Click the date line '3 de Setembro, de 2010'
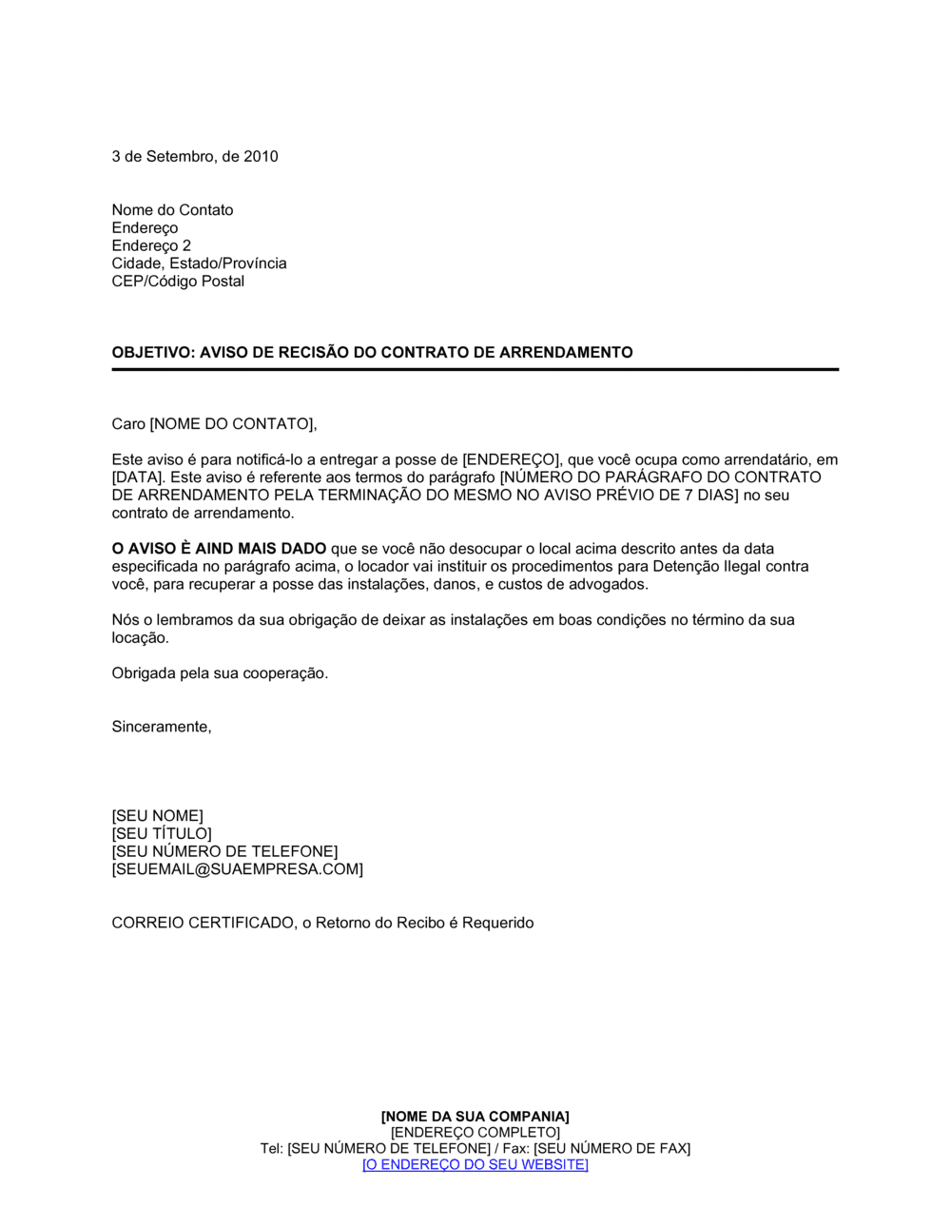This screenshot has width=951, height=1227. click(x=195, y=157)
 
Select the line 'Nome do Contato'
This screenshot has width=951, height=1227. click(x=172, y=210)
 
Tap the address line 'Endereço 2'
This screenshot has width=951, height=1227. click(x=151, y=245)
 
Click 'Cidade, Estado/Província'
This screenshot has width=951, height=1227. click(x=199, y=263)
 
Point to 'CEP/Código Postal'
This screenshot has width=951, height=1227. click(x=178, y=282)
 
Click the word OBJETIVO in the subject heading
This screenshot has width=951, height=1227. click(x=151, y=353)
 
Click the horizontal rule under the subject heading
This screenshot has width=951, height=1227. click(x=475, y=369)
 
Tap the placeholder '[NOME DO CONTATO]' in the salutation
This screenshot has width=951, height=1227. click(x=232, y=424)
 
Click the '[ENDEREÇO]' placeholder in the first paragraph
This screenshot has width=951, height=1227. click(x=512, y=460)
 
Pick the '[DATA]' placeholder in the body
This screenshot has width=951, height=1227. click(x=137, y=477)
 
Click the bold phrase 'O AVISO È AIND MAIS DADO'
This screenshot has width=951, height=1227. click(x=219, y=549)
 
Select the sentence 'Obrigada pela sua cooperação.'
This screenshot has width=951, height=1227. click(x=220, y=673)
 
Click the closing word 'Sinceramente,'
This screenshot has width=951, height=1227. click(x=162, y=727)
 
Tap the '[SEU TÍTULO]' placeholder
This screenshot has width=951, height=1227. click(x=162, y=834)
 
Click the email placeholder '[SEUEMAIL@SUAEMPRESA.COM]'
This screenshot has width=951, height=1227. click(x=237, y=869)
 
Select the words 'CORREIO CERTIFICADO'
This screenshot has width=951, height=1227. click(x=203, y=923)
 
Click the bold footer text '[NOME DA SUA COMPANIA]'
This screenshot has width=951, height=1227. click(x=475, y=1117)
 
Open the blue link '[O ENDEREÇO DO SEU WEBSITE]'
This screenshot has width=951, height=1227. click(x=475, y=1164)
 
